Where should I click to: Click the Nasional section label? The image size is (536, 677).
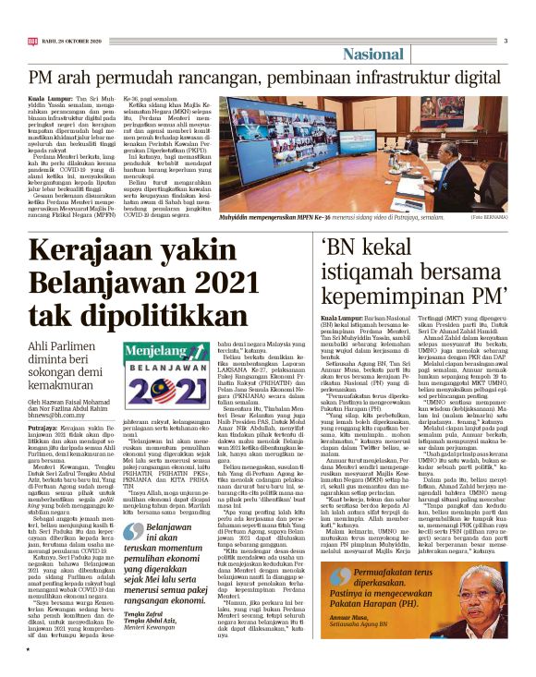pos(379,54)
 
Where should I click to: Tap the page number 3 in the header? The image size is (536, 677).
pos(506,41)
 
